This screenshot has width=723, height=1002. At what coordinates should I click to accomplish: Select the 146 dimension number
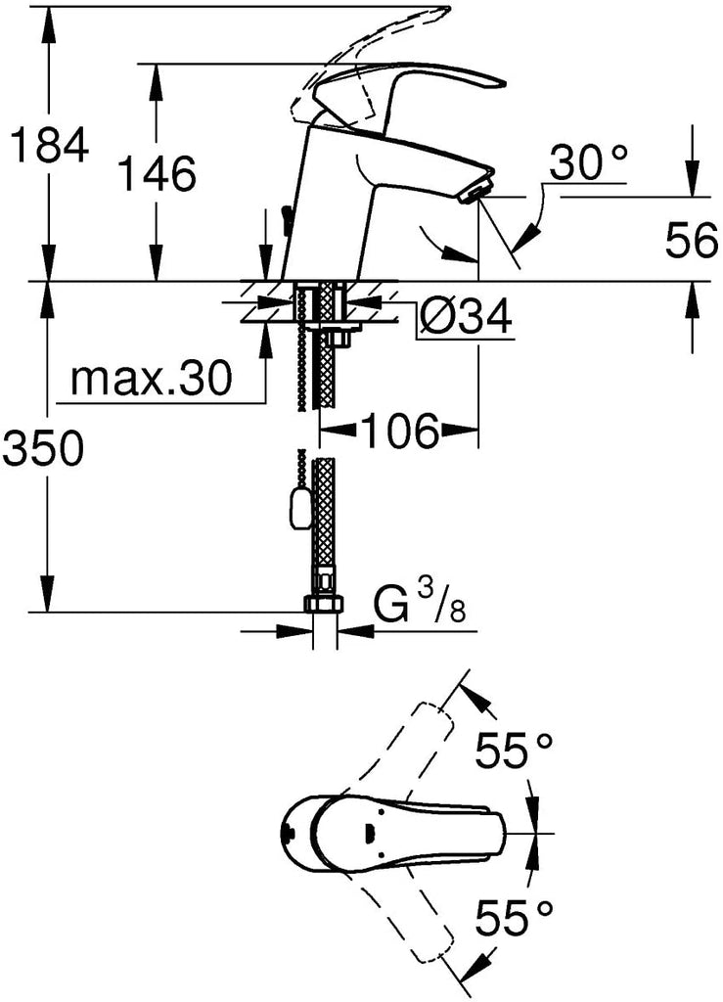[158, 173]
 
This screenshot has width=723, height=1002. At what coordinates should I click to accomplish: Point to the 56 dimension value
[692, 241]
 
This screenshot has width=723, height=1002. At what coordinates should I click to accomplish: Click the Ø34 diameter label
[465, 316]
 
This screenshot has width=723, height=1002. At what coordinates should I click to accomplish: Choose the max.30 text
[151, 379]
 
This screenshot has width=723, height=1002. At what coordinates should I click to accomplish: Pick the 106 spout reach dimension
[400, 431]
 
